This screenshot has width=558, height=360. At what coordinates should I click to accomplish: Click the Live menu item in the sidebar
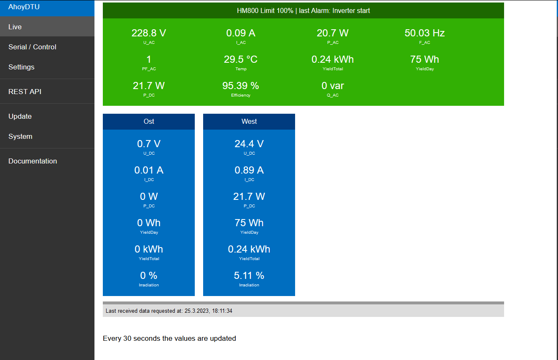pos(15,27)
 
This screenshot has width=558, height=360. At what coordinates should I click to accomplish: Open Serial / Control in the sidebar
pos(32,47)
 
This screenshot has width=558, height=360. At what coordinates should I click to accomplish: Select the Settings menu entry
pos(21,67)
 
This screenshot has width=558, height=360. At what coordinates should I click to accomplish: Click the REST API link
pos(25,92)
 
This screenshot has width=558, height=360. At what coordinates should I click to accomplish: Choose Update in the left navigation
pos(20,116)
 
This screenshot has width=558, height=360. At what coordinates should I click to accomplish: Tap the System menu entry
pos(20,136)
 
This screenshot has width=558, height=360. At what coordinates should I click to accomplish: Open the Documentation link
pos(33,161)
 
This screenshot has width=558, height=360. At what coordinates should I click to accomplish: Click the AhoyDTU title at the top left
pos(24,7)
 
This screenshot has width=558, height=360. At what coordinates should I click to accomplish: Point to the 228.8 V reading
pos(149,33)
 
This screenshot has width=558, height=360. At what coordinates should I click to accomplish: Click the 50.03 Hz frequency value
pos(424,33)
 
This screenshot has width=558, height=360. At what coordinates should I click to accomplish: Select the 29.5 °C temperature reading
pos(241,59)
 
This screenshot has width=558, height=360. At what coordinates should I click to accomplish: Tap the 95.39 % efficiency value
pos(241,86)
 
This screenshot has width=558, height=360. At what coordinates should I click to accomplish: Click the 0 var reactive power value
pos(333,86)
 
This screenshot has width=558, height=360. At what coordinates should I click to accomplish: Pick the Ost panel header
pos(149,121)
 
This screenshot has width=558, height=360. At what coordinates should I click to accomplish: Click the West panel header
pos(249,121)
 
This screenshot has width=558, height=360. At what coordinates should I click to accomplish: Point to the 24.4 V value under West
pos(249,144)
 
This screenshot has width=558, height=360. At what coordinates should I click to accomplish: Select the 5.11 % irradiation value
pos(249,276)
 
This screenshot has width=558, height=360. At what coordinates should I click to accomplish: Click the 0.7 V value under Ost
pos(149,144)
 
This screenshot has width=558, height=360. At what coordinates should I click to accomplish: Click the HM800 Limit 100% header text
pos(265,10)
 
